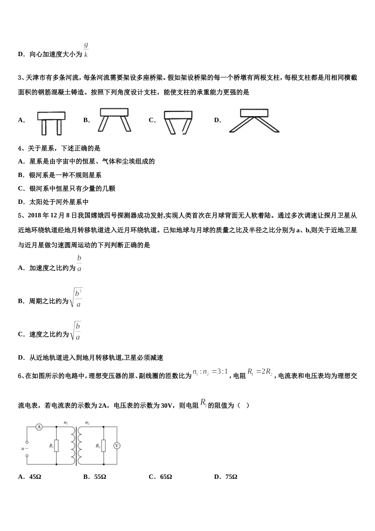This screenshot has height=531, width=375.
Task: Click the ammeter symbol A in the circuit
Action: point(39,427)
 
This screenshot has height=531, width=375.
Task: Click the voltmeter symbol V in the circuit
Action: point(117,446)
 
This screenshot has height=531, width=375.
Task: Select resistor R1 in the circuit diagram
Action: point(56,446)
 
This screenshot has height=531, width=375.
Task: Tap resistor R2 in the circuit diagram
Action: point(103,446)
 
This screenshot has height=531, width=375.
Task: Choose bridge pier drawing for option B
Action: point(114,120)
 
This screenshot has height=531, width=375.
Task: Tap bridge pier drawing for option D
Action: point(254,120)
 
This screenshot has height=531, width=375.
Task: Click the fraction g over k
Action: point(86,50)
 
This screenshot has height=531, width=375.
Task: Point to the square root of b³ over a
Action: point(76,299)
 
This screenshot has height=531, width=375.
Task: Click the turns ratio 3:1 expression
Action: point(210,373)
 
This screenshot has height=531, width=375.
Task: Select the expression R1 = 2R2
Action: point(260,372)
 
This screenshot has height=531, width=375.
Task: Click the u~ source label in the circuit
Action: point(24,448)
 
